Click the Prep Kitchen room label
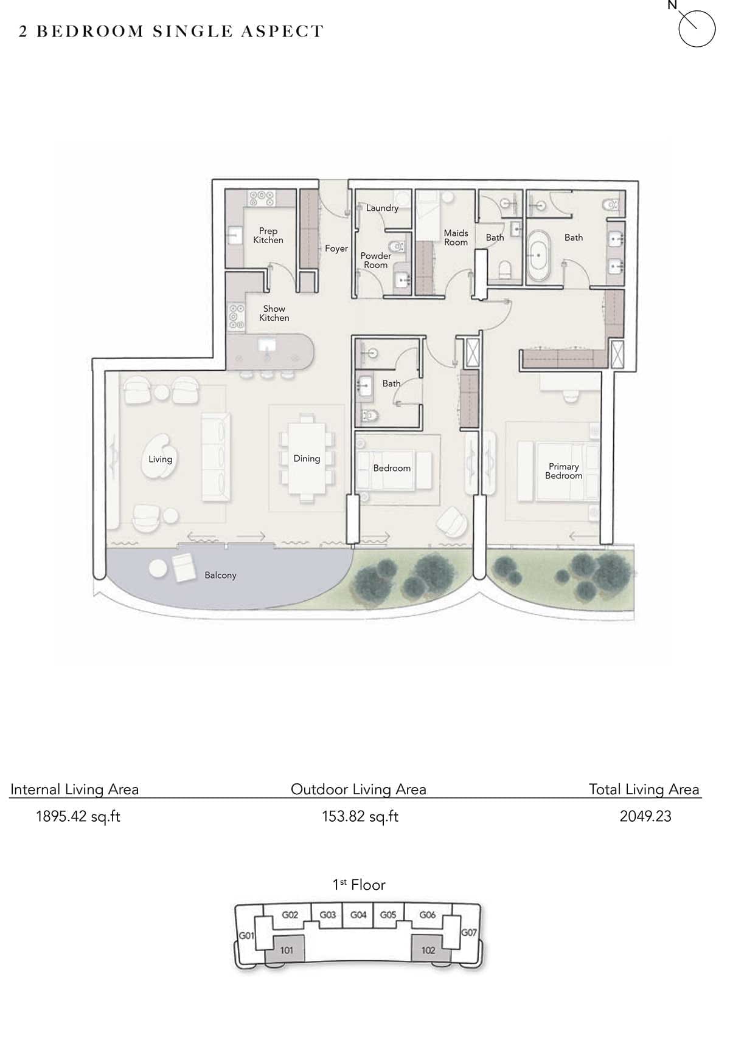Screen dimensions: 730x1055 coord(268,235)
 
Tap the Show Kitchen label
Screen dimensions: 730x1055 coord(274,313)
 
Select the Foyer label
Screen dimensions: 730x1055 coord(336,249)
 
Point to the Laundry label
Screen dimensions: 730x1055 coord(382,208)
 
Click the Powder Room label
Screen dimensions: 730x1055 coord(376,260)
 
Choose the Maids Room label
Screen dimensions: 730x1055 coord(456,238)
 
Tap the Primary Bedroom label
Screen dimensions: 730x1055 coord(564,471)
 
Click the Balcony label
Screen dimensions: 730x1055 coord(220,575)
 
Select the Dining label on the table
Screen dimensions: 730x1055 coord(307,459)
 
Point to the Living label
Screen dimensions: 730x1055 coord(161,459)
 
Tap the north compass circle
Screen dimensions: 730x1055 coord(697,29)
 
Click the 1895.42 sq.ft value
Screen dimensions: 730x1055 coord(78,816)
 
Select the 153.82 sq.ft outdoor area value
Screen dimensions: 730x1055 coord(360,816)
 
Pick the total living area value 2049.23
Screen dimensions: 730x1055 coord(645,816)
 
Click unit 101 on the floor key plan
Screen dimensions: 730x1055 coord(287,950)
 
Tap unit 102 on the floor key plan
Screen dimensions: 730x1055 coord(428,950)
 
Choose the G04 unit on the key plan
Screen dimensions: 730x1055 coord(358,915)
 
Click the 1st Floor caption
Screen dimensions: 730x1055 coord(359,885)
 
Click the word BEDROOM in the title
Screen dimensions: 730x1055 coord(90,32)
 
